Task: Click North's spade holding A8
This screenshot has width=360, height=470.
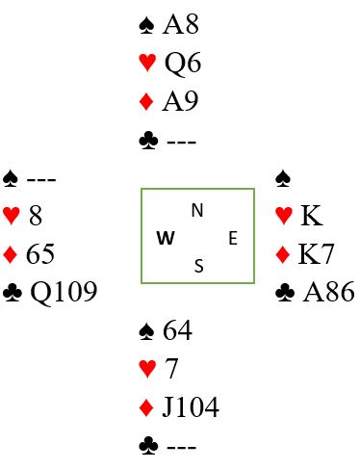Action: click(181, 25)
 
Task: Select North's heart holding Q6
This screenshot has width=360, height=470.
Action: click(183, 64)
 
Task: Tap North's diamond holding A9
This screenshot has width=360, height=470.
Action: click(180, 101)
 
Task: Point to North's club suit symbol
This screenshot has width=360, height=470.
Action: click(148, 142)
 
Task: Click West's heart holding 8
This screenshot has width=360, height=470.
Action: click(36, 216)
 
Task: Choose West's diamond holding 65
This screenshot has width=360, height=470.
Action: click(40, 254)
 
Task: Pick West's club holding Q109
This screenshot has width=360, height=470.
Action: click(64, 292)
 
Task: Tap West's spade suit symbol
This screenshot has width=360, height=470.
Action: click(11, 179)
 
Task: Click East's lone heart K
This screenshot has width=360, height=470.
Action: click(312, 216)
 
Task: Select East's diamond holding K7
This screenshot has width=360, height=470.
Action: click(316, 254)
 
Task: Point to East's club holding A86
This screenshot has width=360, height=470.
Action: click(328, 292)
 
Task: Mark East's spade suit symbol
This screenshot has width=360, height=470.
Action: click(283, 179)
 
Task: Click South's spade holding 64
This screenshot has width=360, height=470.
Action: click(177, 330)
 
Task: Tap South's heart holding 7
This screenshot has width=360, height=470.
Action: click(171, 368)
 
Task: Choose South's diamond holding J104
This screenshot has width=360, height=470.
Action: click(191, 406)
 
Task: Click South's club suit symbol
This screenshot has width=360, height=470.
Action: click(148, 446)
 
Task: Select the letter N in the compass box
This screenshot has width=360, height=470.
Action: click(197, 210)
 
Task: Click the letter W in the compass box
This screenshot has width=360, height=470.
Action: click(166, 238)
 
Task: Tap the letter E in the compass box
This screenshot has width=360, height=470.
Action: click(233, 239)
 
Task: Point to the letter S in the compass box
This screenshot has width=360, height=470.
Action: click(199, 266)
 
